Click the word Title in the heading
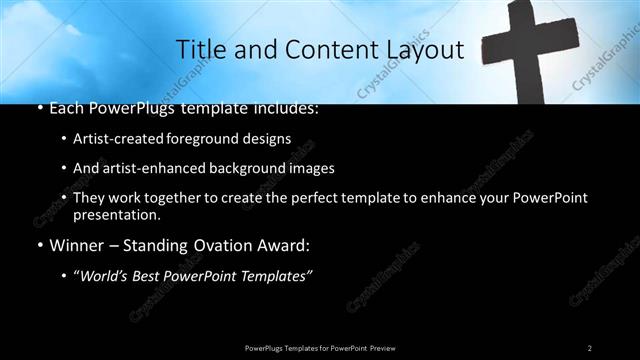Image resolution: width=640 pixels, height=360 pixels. click(198, 50)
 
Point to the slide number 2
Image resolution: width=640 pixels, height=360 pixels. click(589, 347)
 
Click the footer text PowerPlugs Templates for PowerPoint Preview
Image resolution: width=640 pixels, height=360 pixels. click(319, 347)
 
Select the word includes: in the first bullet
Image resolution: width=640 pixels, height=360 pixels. click(283, 107)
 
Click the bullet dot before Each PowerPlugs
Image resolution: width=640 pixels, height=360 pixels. click(38, 108)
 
